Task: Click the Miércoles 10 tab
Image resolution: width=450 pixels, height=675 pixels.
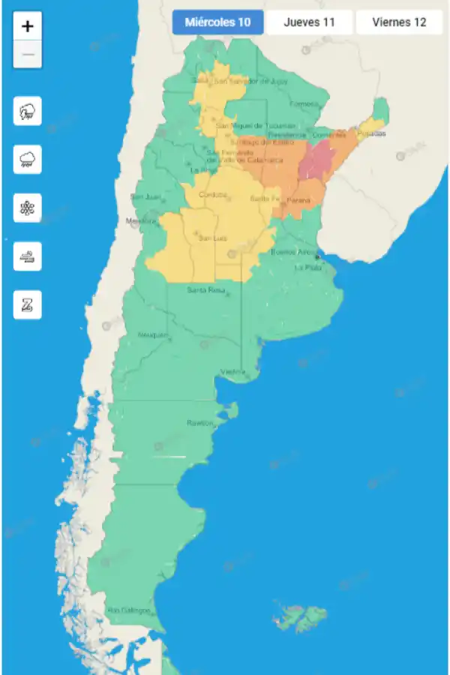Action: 217,22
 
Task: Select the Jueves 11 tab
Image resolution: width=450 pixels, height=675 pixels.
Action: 309,22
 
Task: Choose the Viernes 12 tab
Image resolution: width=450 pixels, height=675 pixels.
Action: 399,22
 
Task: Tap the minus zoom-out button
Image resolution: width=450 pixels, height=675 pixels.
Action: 28,55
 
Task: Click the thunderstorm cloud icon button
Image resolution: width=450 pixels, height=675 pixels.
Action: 28,112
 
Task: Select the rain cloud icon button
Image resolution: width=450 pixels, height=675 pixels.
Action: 28,160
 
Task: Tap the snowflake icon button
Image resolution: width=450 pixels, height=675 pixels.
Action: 28,208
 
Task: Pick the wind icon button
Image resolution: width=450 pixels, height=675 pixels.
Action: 28,256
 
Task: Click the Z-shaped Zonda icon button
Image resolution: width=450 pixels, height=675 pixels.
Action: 28,304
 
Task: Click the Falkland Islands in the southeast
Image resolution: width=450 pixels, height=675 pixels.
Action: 296,613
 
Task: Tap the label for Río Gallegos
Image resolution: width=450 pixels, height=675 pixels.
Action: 128,610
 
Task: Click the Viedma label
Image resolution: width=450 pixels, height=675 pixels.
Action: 232,372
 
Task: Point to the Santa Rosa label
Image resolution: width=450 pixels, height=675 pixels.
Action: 206,289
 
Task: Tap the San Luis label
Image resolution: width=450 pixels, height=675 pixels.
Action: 211,238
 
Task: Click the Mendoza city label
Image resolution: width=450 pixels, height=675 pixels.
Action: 140,221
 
